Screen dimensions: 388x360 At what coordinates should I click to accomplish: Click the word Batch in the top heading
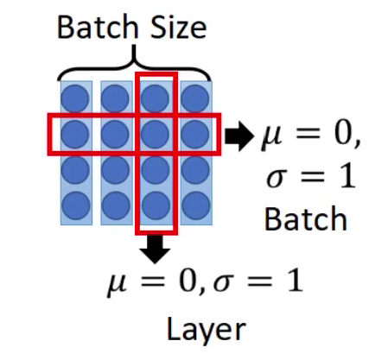[98, 27]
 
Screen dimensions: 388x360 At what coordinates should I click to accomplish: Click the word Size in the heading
[179, 27]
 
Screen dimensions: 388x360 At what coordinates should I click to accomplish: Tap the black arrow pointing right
[239, 136]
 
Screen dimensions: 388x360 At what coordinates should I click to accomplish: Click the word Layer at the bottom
[206, 331]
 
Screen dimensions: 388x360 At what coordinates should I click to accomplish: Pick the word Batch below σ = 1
[306, 218]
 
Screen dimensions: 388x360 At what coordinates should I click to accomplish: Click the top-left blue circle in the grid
[75, 98]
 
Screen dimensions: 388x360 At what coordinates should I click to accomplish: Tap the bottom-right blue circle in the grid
[195, 205]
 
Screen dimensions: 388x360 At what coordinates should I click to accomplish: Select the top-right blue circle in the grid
[195, 98]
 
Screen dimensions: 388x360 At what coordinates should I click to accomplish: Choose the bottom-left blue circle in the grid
[75, 205]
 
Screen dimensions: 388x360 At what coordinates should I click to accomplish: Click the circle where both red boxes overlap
[155, 135]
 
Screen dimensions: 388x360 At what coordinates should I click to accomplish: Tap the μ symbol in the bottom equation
[118, 285]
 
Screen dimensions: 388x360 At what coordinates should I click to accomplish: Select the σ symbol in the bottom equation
[224, 281]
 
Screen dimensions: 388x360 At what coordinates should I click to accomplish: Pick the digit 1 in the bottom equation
[295, 280]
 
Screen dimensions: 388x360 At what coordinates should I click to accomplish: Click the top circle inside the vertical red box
[155, 98]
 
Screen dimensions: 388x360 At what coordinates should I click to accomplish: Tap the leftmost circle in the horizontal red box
[75, 135]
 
